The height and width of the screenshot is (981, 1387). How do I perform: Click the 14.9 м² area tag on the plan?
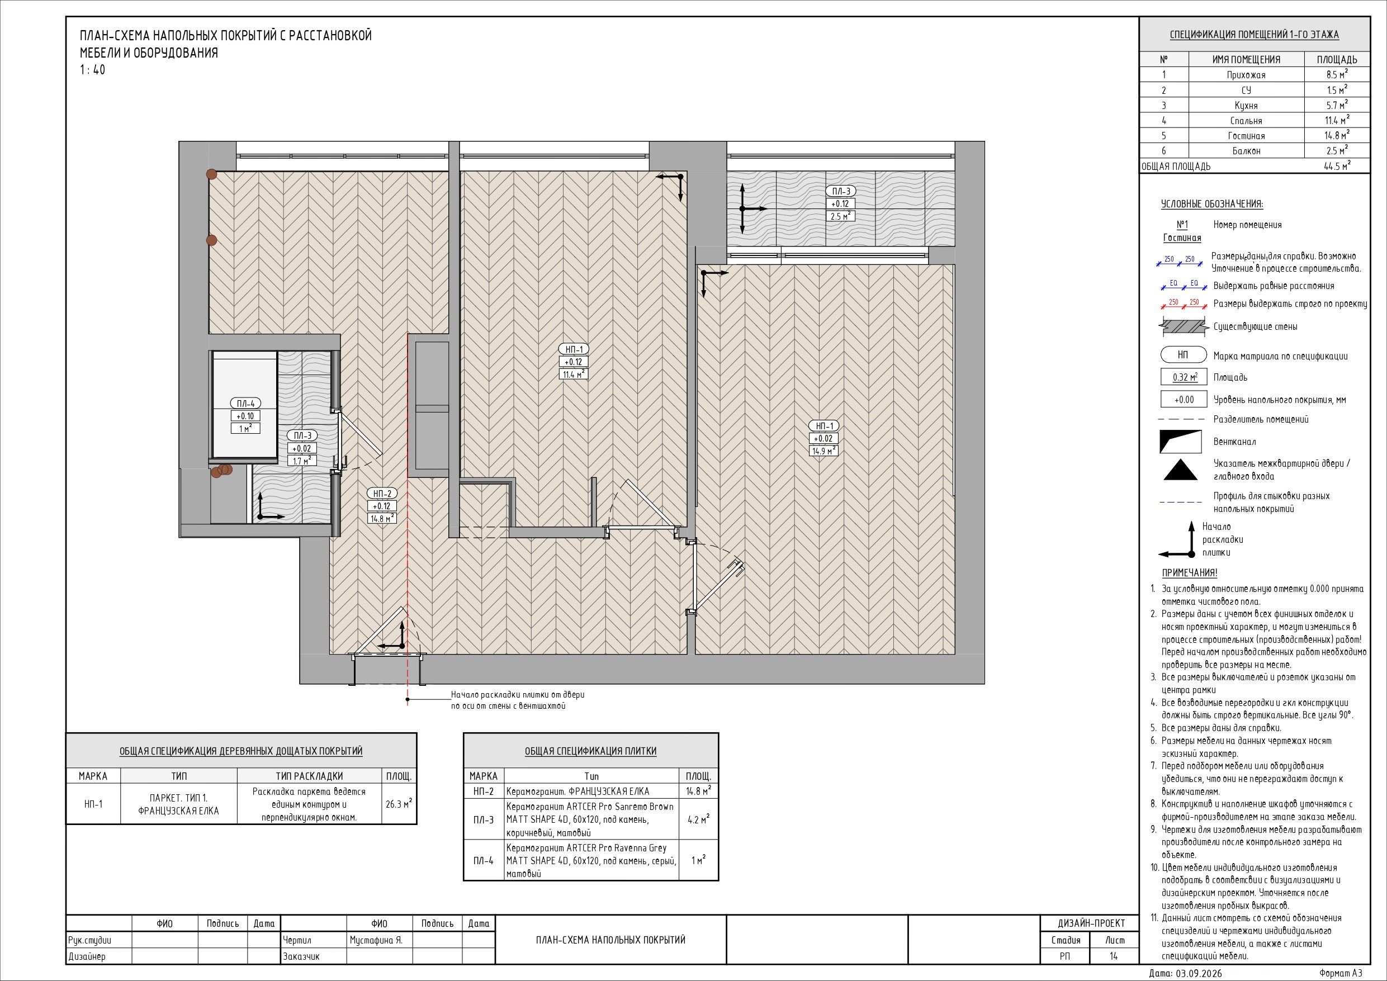coord(823,451)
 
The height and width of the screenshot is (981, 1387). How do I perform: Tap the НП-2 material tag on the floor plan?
coord(382,494)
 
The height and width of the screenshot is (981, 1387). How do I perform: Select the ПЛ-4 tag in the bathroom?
coord(246,404)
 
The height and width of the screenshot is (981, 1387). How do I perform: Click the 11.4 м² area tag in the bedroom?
coord(573,374)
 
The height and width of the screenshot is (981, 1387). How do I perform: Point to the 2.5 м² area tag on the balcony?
coord(840,216)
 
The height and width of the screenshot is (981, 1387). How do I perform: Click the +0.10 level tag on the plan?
coord(245,415)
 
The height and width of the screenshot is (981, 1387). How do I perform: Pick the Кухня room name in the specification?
coord(1246,106)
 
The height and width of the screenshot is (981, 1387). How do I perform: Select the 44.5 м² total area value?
coord(1337,166)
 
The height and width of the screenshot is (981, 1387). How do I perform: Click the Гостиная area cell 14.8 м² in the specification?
coord(1337,135)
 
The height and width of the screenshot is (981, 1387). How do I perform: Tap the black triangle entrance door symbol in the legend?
coord(1180,471)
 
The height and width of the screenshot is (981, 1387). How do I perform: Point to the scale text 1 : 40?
coord(92,70)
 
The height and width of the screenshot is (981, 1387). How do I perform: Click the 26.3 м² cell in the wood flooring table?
coord(399,804)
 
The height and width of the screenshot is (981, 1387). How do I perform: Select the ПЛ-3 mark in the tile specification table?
coord(483,819)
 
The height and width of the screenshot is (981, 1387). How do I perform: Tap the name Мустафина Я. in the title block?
coord(376,940)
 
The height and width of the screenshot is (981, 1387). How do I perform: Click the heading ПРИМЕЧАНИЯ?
coord(1190,572)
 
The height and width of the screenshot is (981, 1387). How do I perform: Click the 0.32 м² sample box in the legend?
coord(1184,377)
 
